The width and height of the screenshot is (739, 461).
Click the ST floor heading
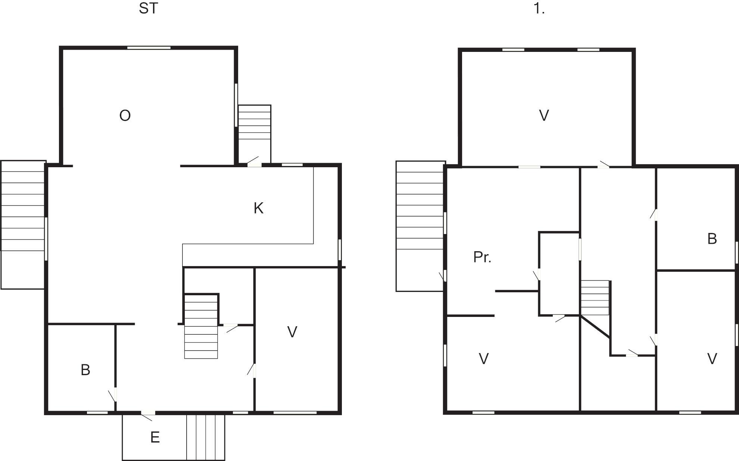(149, 8)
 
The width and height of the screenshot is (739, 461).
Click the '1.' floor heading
(539, 8)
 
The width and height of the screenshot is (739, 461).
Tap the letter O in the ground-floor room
(125, 116)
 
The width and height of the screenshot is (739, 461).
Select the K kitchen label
(259, 208)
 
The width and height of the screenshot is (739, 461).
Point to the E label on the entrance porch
(155, 437)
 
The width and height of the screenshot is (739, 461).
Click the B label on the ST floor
(85, 370)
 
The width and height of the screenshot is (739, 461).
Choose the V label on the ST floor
(292, 332)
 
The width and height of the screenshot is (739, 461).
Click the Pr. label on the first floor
(482, 257)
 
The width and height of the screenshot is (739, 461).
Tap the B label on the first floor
(712, 239)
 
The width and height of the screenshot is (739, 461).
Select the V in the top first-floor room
(544, 116)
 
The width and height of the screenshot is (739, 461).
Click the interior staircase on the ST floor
(201, 327)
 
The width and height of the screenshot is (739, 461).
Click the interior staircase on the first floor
(595, 298)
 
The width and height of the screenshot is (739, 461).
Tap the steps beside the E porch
(206, 437)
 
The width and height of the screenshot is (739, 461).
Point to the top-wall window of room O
(149, 48)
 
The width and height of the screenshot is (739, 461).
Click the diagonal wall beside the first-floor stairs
(596, 327)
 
